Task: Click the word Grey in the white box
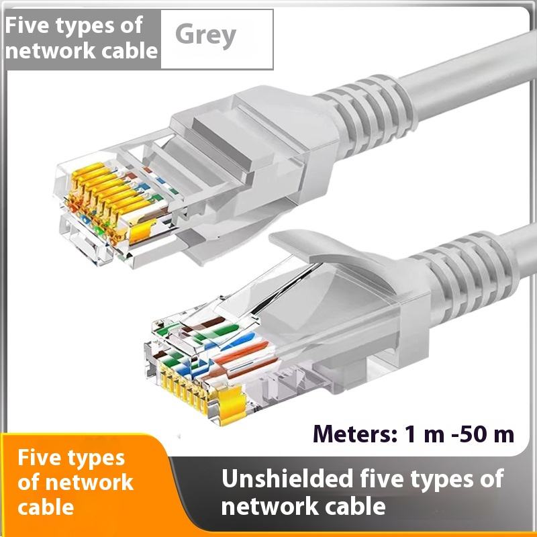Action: click(206, 35)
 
